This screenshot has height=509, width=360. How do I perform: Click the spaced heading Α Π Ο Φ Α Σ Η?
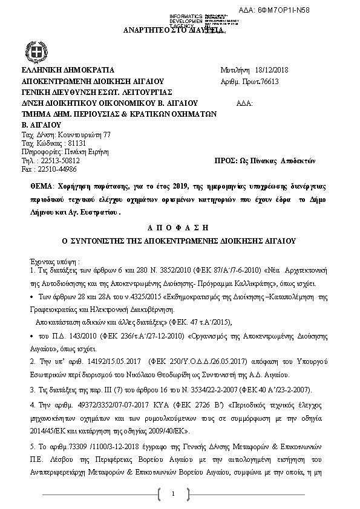[180, 228]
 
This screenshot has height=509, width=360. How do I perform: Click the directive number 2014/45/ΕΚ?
[47, 431]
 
